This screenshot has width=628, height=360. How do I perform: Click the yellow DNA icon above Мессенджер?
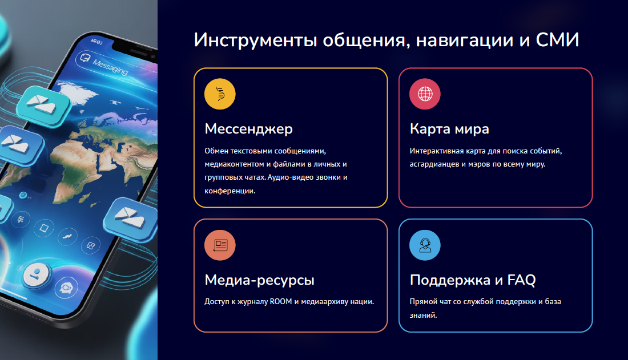click(220, 94)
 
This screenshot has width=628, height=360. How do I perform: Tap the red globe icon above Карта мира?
click(425, 94)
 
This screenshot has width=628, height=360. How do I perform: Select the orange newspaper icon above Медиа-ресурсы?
click(220, 245)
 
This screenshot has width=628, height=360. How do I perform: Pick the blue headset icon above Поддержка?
click(425, 245)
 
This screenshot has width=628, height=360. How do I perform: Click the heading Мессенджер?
click(249, 129)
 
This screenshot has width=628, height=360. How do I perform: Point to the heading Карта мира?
click(449, 129)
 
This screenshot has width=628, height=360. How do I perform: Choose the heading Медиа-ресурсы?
click(260, 280)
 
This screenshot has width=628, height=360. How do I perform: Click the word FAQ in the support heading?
click(521, 280)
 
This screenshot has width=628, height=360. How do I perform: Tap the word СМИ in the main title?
click(558, 40)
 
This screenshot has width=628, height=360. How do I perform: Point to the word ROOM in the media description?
click(281, 302)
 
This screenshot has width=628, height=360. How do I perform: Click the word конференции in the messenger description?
click(230, 191)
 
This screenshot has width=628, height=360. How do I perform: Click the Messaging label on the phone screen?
click(110, 67)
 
